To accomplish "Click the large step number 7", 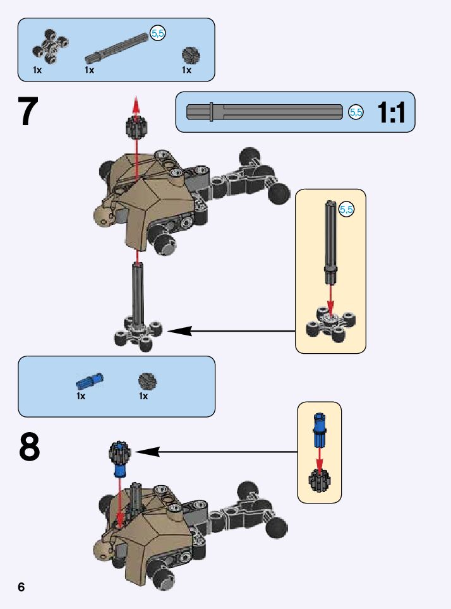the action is (x=28, y=112).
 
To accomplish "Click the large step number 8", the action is (x=30, y=447).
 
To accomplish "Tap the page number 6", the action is (x=21, y=587).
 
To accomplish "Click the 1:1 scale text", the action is (x=391, y=113).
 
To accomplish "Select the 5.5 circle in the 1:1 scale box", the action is (x=356, y=112).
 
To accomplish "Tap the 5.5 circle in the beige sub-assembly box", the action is (x=347, y=210).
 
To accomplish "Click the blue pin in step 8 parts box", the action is (x=89, y=380).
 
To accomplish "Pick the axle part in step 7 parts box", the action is (x=117, y=49).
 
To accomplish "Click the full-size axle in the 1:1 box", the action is (x=265, y=112).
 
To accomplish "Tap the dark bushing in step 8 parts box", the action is (x=147, y=380).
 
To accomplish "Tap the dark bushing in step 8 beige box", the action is (x=320, y=480).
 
